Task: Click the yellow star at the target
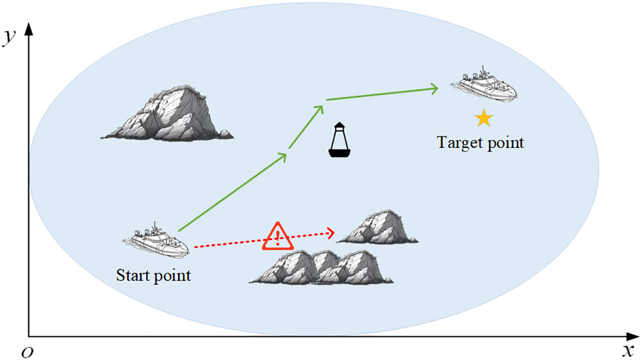(x=483, y=118)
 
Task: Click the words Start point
(x=154, y=275)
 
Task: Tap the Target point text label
(x=481, y=143)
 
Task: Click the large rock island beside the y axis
(x=167, y=114)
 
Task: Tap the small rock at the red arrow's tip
(x=378, y=227)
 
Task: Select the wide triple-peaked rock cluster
(x=322, y=267)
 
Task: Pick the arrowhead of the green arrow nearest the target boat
(x=434, y=88)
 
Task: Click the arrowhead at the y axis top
(x=29, y=27)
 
